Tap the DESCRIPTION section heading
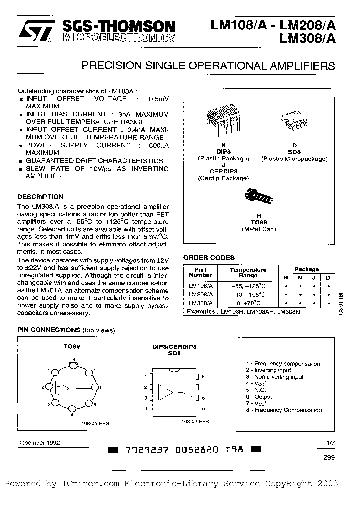pos(40,197)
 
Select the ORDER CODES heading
pos(209,258)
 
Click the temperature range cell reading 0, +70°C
pos(248,303)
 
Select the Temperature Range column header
pos(248,272)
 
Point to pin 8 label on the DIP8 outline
pos(203,377)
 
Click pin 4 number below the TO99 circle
pos(72,415)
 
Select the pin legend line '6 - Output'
pos(259,397)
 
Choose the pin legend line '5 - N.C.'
pos(257,390)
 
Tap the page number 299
pos(329,457)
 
